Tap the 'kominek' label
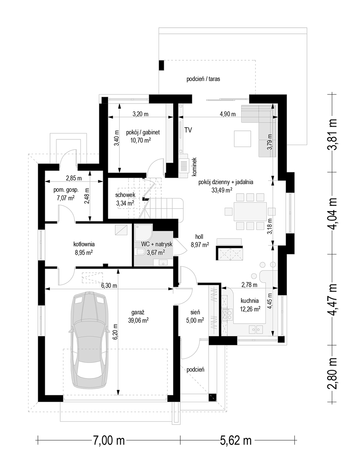point(194,167)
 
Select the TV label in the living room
point(188,130)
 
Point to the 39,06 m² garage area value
point(138,320)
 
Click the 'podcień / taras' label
point(203,79)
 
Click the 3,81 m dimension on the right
point(332,134)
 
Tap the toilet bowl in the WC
point(140,252)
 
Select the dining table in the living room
point(250,212)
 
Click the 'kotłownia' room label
point(84,244)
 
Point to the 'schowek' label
point(125,195)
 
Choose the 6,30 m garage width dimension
point(109,285)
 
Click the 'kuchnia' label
point(250,301)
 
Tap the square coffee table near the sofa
point(242,139)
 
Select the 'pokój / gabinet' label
point(143,133)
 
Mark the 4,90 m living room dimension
point(228,114)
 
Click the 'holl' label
point(199,237)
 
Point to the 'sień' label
point(195,312)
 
